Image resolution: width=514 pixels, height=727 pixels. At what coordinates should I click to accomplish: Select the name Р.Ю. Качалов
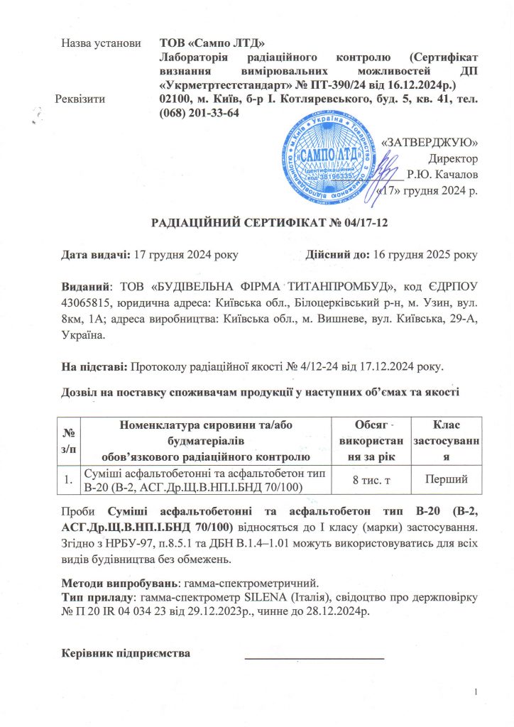pyautogui.click(x=442, y=174)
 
